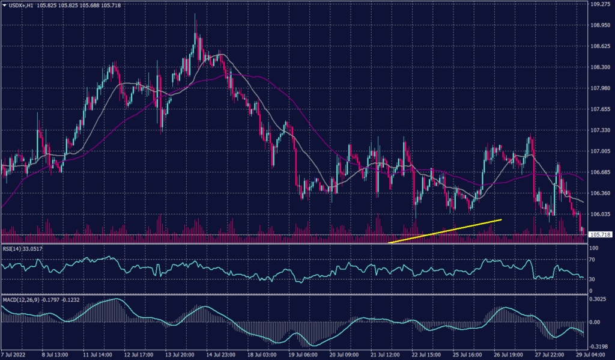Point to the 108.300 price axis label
tap(599, 67)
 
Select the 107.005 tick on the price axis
tap(599, 151)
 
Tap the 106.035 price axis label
tap(599, 214)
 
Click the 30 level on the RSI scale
tap(592, 279)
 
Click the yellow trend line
tap(445, 231)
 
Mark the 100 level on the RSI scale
tap(593, 248)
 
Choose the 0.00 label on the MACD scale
tap(594, 322)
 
